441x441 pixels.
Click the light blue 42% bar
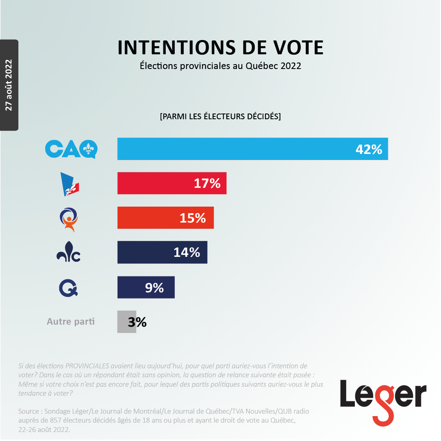click(253, 149)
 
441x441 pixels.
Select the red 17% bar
click(172, 183)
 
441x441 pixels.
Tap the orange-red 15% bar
click(166, 218)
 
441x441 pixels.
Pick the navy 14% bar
click(162, 252)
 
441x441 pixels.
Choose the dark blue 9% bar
click(146, 287)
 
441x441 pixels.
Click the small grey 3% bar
click(127, 322)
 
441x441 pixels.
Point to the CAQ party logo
click(71, 149)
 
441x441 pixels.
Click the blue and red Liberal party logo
click(70, 184)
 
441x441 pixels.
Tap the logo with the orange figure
click(69, 220)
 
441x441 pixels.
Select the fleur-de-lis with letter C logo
click(68, 252)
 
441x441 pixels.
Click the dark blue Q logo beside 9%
click(68, 288)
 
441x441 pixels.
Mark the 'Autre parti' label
click(71, 321)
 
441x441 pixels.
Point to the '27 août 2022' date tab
click(9, 85)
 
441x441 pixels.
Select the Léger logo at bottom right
click(383, 403)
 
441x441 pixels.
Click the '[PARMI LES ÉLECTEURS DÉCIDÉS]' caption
click(220, 116)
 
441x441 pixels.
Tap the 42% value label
click(369, 149)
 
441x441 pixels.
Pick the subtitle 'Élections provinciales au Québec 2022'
click(220, 66)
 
